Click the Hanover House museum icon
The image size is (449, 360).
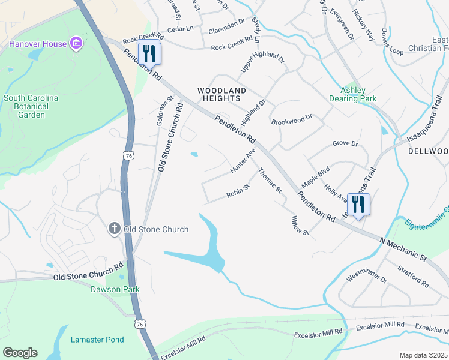point(76,43)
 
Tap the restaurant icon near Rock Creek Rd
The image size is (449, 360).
point(149,53)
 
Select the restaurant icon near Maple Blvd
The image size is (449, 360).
point(358,204)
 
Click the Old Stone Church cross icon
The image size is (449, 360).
point(115,229)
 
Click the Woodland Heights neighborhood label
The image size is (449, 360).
point(222,95)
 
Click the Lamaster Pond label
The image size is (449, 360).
point(97,340)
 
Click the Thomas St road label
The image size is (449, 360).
point(270,181)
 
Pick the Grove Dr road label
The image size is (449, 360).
point(345,144)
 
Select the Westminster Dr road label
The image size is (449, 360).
point(367,276)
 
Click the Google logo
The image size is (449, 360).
point(20,353)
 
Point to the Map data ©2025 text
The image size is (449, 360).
point(423,355)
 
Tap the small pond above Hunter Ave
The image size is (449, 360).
point(194,154)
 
